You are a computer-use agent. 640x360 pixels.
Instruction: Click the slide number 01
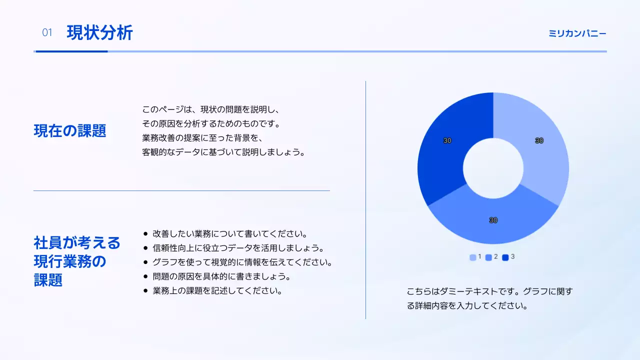(x=47, y=33)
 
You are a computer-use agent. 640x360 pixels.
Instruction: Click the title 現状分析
(x=99, y=33)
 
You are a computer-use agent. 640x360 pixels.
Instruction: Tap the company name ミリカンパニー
(x=577, y=33)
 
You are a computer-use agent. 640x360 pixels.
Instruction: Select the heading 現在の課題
(x=70, y=131)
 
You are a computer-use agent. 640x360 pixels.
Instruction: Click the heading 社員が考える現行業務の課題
(x=77, y=261)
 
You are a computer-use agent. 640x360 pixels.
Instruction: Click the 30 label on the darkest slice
(x=447, y=141)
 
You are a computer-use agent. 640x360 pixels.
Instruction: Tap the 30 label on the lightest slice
(x=539, y=141)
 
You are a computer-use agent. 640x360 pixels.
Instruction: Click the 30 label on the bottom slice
(x=493, y=220)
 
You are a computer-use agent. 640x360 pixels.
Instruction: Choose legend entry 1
(x=475, y=257)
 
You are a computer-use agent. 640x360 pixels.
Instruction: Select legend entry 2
(x=492, y=257)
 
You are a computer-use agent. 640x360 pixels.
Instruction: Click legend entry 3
(x=508, y=257)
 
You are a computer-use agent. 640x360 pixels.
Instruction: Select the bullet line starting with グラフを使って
(x=242, y=262)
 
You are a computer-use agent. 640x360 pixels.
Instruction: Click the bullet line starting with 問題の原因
(x=221, y=276)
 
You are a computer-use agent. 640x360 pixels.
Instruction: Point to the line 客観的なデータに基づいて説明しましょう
(x=223, y=152)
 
